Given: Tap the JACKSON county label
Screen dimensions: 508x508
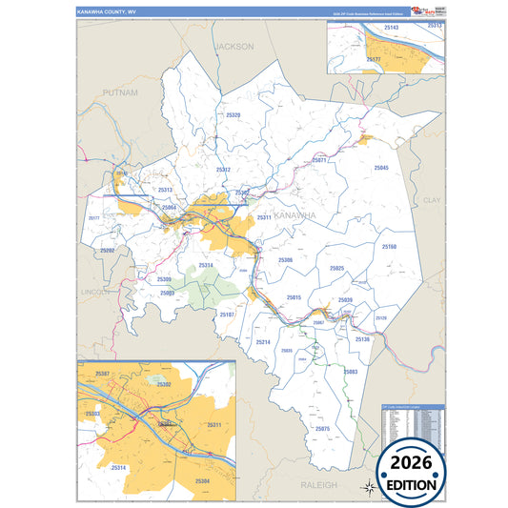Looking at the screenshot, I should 234,46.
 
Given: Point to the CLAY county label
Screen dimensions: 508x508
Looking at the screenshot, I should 433,201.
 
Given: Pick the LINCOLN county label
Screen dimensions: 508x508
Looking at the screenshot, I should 93,291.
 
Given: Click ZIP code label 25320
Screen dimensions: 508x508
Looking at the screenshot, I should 234,114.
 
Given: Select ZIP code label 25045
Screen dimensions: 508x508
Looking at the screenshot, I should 381,168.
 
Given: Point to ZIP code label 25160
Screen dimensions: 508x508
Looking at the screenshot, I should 389,247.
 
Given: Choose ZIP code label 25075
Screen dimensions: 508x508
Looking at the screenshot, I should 322,429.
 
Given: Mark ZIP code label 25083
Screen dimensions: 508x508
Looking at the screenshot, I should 351,371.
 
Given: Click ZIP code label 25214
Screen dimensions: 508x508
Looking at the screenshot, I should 263,341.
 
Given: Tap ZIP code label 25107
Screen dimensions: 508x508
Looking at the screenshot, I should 227,314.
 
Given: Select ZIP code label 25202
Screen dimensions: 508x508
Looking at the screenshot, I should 108,250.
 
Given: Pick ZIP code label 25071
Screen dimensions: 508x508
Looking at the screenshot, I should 319,160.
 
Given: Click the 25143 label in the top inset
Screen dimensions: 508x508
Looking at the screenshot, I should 390,29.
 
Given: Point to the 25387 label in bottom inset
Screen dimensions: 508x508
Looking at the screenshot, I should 103,373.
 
